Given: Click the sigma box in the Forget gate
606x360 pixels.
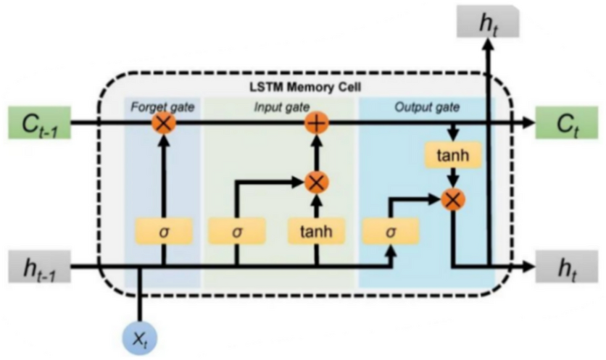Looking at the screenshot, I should [163, 232].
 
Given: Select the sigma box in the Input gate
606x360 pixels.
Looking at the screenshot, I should [236, 232].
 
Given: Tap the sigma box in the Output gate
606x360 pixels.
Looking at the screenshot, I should [392, 232].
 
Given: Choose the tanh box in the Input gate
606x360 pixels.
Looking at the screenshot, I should [316, 232].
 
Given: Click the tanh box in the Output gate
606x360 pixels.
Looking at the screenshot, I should [453, 156].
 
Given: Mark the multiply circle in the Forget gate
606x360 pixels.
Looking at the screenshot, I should [164, 123].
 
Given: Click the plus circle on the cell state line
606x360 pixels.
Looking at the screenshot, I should [316, 123].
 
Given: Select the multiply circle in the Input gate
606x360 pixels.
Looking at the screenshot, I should [316, 182].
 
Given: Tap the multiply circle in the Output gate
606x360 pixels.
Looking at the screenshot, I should [453, 197].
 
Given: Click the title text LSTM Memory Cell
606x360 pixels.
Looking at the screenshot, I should [304, 88].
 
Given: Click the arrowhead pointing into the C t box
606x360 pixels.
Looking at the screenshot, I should [527, 123].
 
